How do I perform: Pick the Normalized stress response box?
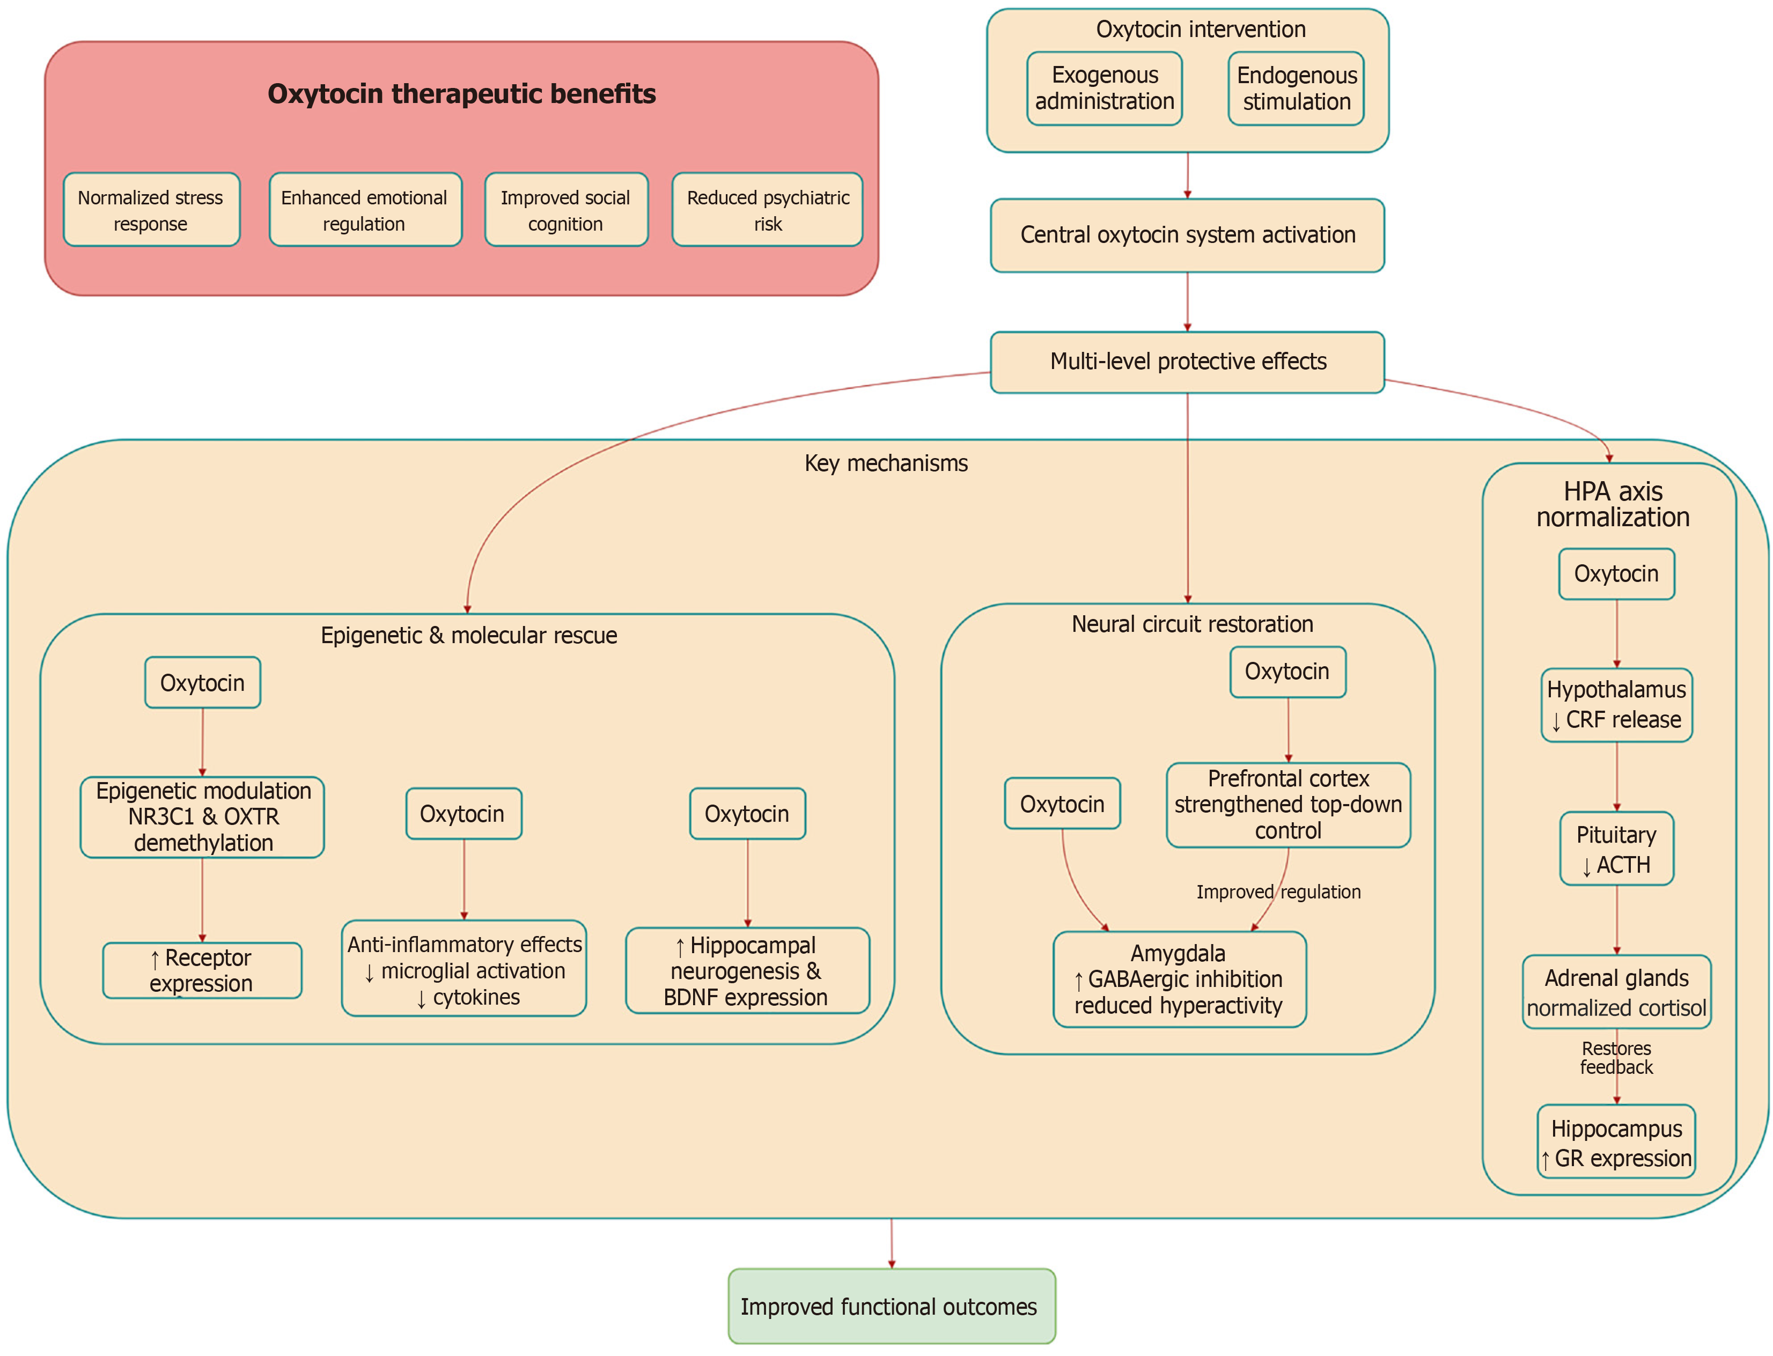point(151,210)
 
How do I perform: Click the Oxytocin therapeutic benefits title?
point(461,94)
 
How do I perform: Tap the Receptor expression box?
point(202,970)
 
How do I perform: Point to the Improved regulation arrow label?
point(1277,892)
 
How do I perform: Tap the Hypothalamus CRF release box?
point(1616,705)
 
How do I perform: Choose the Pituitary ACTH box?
point(1616,849)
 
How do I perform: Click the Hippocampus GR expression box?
point(1616,1142)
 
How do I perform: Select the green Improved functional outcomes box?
point(891,1306)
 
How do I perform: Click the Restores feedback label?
point(1616,1057)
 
